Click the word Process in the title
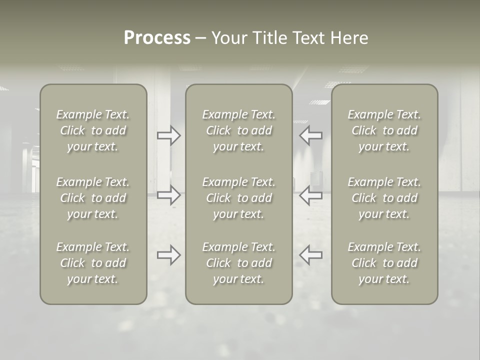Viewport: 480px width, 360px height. coord(157,38)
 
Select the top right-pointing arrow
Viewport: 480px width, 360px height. coord(169,135)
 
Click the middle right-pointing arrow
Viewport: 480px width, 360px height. coord(169,195)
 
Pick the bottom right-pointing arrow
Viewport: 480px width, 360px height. coord(169,255)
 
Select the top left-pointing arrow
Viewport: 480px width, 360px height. coord(311,135)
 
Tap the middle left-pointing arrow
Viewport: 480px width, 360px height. coord(311,195)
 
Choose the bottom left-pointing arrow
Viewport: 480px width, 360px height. coord(311,255)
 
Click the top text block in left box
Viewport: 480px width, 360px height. coord(93,130)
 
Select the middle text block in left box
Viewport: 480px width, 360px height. coord(93,198)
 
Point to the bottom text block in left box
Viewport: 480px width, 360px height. coord(93,263)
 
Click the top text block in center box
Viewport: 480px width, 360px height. coord(239,130)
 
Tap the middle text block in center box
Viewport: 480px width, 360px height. coord(239,198)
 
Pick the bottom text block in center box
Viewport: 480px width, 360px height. coord(239,263)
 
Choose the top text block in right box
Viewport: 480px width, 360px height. coord(384,130)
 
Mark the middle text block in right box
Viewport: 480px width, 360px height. coord(384,198)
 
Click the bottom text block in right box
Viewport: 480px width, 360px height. coord(384,263)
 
